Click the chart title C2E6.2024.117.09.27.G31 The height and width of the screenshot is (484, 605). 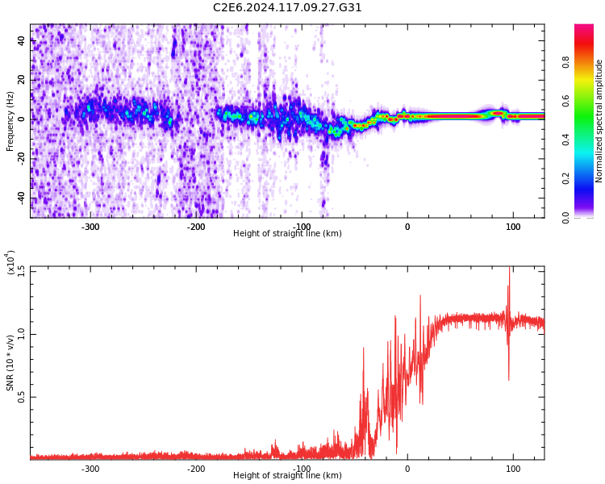(287, 8)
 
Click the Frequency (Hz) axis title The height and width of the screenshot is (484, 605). (10, 121)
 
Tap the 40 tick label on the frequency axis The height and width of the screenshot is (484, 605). (22, 41)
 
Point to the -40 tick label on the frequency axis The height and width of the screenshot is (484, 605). (20, 198)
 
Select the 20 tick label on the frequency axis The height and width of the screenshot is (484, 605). (22, 80)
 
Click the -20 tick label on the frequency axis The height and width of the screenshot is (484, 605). (20, 158)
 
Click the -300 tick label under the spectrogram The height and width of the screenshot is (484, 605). (90, 227)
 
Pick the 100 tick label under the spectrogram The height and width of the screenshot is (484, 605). (513, 227)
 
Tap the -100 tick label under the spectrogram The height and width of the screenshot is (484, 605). (302, 227)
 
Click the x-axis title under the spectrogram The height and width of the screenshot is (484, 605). (287, 234)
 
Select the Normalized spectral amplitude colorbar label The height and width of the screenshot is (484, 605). (599, 121)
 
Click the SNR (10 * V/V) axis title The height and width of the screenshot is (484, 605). (10, 363)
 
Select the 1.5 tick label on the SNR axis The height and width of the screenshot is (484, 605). (21, 271)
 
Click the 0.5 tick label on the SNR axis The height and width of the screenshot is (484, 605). (21, 397)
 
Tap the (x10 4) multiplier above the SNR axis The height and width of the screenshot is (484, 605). (10, 263)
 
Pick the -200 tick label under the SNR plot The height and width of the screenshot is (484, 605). (196, 469)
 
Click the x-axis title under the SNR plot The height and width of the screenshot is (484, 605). (287, 476)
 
